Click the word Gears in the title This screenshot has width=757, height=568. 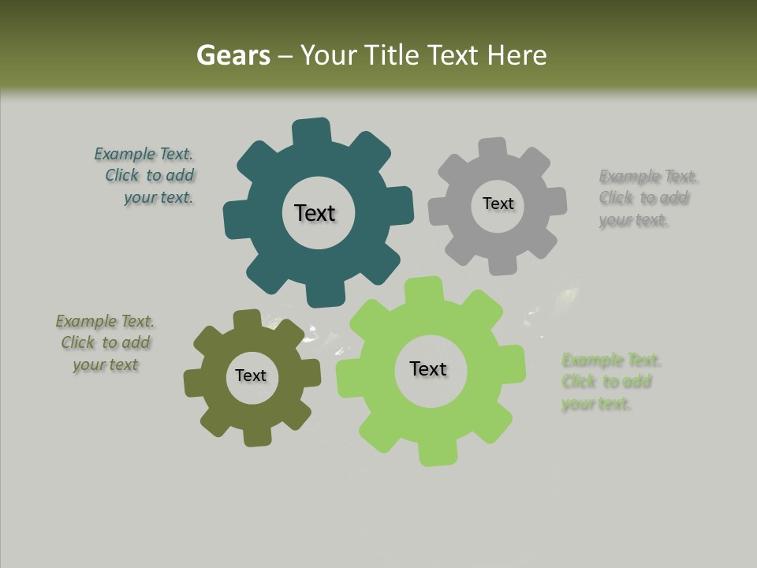tap(233, 55)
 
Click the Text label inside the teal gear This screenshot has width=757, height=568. tap(315, 213)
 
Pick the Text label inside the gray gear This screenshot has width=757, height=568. tap(498, 204)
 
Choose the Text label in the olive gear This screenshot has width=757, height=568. tap(251, 376)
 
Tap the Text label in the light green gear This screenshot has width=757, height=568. tap(428, 369)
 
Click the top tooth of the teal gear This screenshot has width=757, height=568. tap(311, 132)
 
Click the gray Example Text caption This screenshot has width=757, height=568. tap(648, 198)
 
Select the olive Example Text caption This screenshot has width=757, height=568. tap(105, 343)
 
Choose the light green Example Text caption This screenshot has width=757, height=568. tap(610, 382)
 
